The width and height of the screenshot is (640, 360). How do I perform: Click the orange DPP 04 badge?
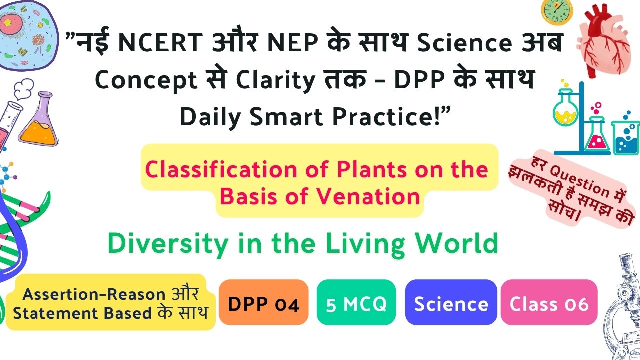click(263, 302)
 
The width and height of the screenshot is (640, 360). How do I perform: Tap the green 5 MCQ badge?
click(356, 302)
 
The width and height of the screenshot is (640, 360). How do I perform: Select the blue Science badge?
click(451, 302)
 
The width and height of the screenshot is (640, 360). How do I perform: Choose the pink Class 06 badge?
click(549, 302)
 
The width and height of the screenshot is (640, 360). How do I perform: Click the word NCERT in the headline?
click(160, 42)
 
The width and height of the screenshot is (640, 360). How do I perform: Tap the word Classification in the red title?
click(221, 169)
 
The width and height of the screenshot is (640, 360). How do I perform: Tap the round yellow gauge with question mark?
click(557, 12)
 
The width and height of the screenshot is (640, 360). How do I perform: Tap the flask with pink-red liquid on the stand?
click(596, 135)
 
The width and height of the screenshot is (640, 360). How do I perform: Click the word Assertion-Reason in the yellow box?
click(94, 294)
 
